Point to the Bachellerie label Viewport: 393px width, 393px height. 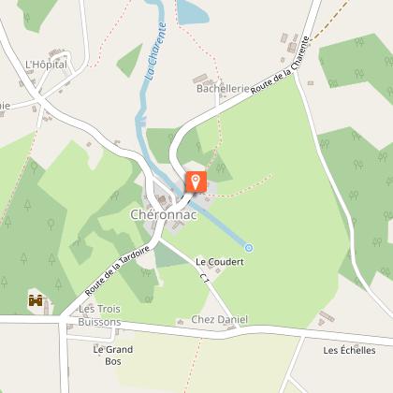pyautogui.click(x=224, y=89)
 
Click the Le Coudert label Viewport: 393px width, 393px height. pyautogui.click(x=220, y=262)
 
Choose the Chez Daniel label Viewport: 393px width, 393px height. pyautogui.click(x=220, y=320)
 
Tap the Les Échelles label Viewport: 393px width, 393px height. pyautogui.click(x=349, y=350)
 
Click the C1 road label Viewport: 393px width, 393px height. pyautogui.click(x=204, y=279)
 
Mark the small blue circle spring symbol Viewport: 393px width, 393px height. pyautogui.click(x=249, y=247)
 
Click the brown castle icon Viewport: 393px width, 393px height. pyautogui.click(x=36, y=300)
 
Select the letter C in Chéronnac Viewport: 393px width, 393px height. pyautogui.click(x=135, y=214)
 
